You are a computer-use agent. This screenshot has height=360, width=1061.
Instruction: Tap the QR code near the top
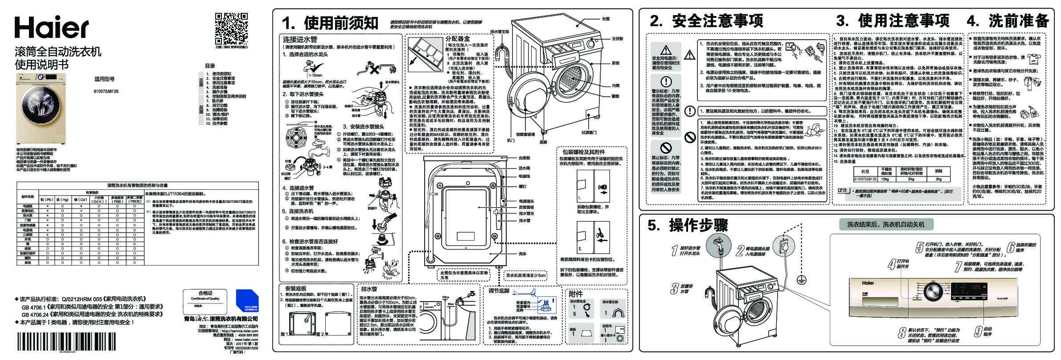click(x=231, y=27)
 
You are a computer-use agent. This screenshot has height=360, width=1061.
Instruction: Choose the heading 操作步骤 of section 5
click(x=698, y=226)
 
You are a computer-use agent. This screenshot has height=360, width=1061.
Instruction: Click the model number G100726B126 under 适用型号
click(x=106, y=91)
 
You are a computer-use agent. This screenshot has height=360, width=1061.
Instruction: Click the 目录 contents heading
click(x=210, y=66)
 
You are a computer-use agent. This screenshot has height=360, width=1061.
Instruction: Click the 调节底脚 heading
click(x=499, y=291)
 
